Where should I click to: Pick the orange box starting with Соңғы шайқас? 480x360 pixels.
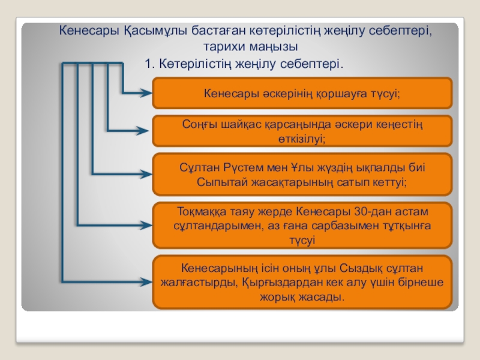(x=302, y=131)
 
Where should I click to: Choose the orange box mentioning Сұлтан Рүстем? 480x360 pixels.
(x=302, y=174)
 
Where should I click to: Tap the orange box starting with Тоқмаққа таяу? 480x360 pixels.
(x=302, y=226)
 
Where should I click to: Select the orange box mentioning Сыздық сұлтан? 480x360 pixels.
(x=302, y=282)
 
